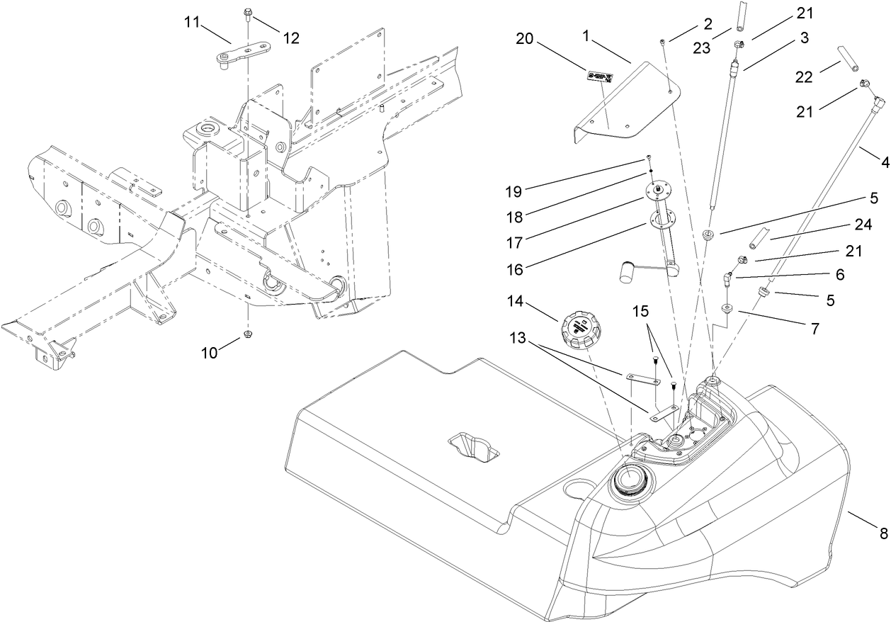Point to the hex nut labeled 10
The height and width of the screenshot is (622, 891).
248,333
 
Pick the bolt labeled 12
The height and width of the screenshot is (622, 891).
248,13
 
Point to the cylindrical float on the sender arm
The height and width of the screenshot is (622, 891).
627,273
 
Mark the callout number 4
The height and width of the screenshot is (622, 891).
885,162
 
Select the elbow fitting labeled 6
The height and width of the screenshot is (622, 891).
728,278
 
